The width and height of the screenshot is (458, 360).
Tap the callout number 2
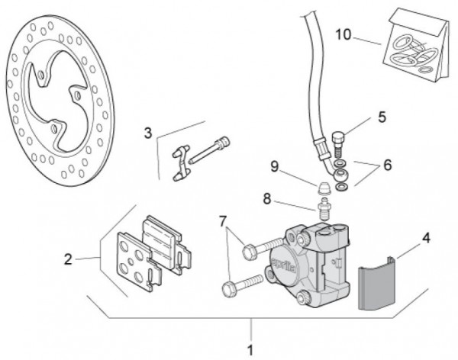(69, 259)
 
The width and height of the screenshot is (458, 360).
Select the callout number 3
(148, 133)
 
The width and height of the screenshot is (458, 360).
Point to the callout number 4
(426, 238)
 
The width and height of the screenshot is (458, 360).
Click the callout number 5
(382, 117)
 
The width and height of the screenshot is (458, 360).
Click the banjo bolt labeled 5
(340, 143)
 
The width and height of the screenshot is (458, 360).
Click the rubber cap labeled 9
(324, 186)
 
